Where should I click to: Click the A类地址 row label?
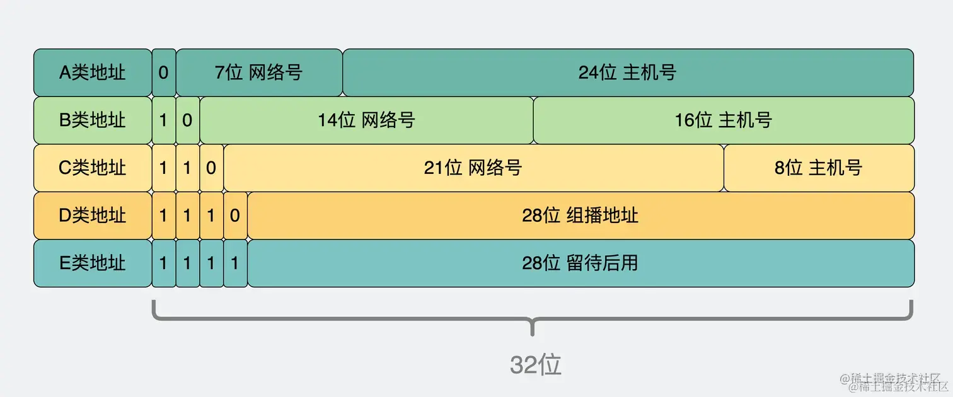[93, 72]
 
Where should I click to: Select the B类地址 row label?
[93, 120]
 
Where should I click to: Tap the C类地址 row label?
[93, 168]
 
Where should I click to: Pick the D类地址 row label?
[93, 216]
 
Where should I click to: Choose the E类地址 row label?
[93, 263]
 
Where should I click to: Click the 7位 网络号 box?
[259, 72]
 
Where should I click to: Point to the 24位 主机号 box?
[628, 72]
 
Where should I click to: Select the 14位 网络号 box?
[366, 120]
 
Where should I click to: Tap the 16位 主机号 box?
[724, 120]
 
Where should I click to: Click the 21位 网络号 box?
[473, 168]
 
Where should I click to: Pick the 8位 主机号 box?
[818, 168]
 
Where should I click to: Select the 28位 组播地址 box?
[580, 216]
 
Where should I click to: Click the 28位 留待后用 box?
[580, 263]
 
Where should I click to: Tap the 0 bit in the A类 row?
[164, 72]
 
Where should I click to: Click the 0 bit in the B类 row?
[187, 120]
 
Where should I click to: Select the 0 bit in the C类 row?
[211, 168]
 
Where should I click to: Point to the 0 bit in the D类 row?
[235, 216]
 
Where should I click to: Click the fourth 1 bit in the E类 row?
[235, 263]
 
